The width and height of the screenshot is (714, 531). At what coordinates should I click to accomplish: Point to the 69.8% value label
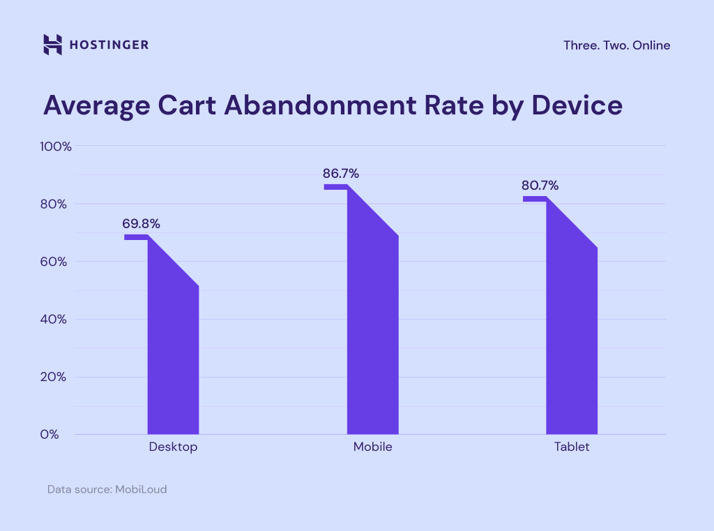click(142, 224)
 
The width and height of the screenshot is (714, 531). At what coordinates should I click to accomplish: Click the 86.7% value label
click(341, 174)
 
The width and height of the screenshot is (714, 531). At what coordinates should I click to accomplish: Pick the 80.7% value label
click(540, 186)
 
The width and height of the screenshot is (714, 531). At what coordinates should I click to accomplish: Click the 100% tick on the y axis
click(56, 147)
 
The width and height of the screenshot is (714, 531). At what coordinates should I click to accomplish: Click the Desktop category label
click(173, 447)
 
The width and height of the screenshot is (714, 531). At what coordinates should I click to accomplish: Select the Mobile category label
click(372, 447)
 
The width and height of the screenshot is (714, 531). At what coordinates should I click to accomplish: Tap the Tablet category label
click(571, 447)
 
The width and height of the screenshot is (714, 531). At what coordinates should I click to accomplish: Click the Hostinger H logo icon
click(53, 45)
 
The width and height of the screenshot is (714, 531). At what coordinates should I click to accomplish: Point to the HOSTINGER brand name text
click(109, 45)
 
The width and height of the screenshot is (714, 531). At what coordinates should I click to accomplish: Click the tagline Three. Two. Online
click(616, 45)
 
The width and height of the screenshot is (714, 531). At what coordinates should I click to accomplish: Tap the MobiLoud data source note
click(107, 489)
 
